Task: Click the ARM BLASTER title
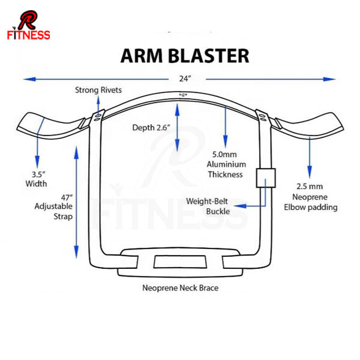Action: tap(184, 55)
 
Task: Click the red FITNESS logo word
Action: tap(28, 35)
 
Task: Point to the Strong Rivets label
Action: tap(98, 90)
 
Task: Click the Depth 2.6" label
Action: tap(152, 128)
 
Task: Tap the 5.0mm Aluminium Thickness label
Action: tap(225, 163)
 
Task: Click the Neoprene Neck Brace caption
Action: tap(180, 288)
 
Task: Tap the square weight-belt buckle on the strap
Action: tap(266, 178)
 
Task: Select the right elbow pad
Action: tap(312, 126)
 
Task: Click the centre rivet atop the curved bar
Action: tap(182, 95)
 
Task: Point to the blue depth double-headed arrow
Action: tap(178, 127)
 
